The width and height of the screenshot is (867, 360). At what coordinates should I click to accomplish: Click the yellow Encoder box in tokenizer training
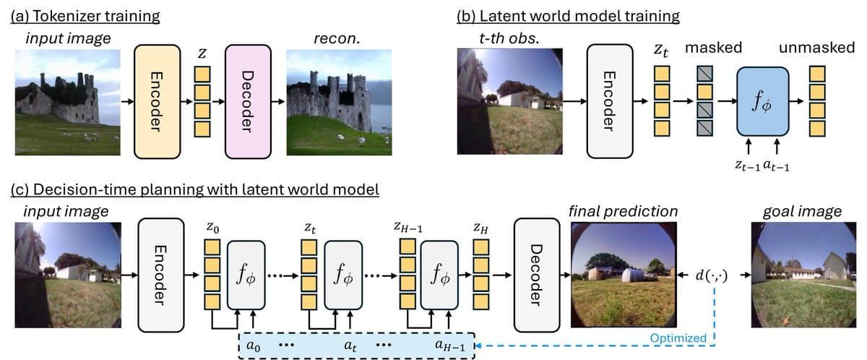[157, 101]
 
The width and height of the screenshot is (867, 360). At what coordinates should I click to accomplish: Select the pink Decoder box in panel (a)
[248, 101]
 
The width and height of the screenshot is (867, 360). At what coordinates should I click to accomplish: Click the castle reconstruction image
[339, 102]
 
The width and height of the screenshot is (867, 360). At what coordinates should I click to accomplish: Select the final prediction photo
[624, 275]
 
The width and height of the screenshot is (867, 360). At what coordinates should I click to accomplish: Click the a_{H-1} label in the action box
[453, 346]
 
